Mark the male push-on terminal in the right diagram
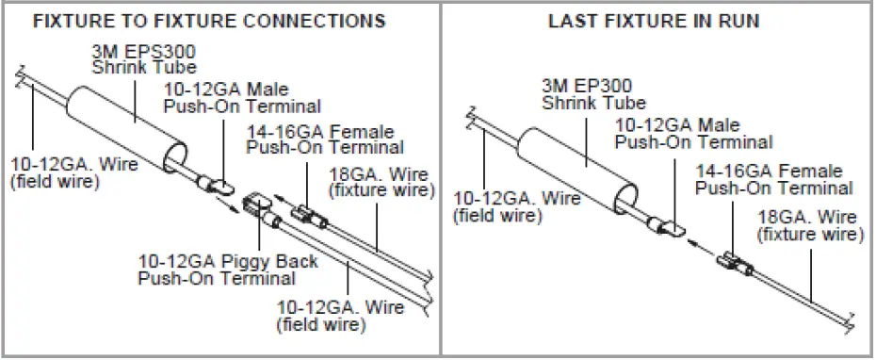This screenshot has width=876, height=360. coord(667,224)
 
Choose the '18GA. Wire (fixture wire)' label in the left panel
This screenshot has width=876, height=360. coord(386,183)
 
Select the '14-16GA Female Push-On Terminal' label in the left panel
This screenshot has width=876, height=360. coord(324,139)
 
